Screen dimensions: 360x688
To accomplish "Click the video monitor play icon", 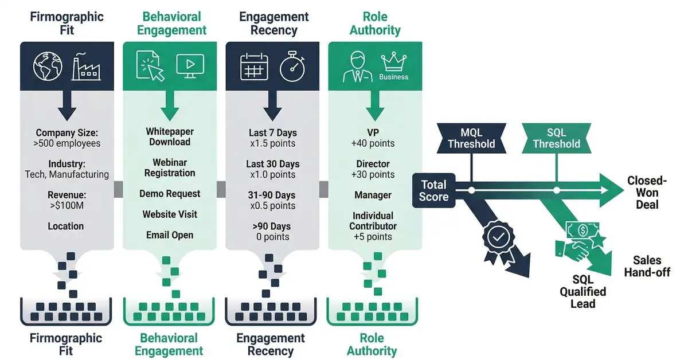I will [x=190, y=66].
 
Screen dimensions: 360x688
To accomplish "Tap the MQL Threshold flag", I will [x=471, y=137].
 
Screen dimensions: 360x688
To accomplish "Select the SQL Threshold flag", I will [x=556, y=137].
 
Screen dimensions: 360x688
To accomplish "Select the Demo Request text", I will [x=170, y=194].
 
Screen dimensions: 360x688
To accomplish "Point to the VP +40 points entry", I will [x=373, y=138].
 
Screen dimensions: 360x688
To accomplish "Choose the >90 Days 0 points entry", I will [x=272, y=232].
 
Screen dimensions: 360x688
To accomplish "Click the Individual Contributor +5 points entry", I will [x=373, y=226].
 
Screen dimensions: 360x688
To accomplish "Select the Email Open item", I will [x=170, y=235].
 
